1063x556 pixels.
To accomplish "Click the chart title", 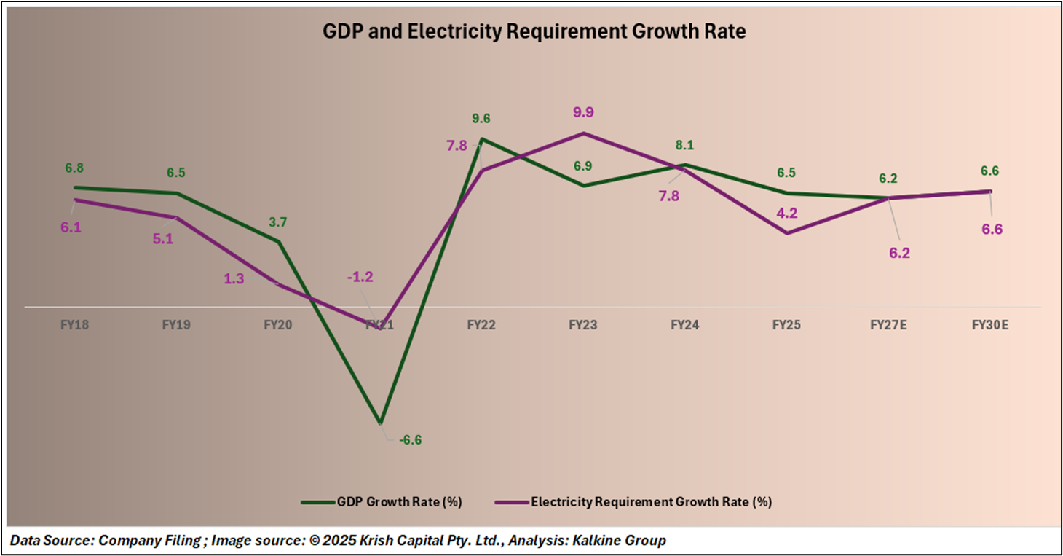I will point(534,32).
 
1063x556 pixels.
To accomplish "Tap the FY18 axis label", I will point(74,325).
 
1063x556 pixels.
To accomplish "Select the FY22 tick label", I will point(481,325).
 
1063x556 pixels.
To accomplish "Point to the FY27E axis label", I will point(888,325).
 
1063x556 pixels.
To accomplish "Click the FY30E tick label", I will point(990,325).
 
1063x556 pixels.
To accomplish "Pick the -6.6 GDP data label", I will point(411,440).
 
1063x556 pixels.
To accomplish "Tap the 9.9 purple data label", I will point(583,112).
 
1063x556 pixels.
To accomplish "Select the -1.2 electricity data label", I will point(360,277).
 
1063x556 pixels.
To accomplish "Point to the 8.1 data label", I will point(684,145).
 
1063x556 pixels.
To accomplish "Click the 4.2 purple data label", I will point(786,214).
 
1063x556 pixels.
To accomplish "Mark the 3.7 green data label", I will point(279,222).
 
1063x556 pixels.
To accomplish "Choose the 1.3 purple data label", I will point(234,278).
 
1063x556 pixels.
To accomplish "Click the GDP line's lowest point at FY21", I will point(380,423).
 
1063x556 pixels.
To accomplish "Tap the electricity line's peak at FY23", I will point(583,133).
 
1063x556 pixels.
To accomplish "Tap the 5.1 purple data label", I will point(163,238).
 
